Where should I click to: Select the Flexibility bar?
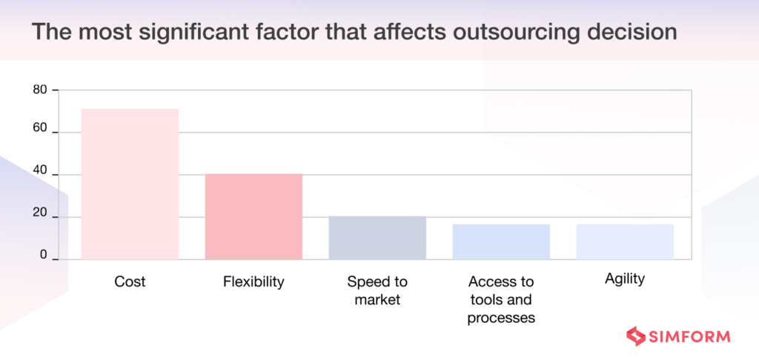point(253,216)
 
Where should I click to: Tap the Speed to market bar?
point(377,238)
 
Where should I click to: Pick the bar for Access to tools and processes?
point(501,241)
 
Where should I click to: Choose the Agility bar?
point(625,241)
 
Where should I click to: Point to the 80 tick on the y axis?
point(39,90)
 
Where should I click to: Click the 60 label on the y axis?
point(39,129)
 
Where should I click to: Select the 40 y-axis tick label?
point(39,171)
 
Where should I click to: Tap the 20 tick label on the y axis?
point(39,214)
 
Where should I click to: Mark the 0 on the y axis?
point(43,255)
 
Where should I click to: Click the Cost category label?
point(130,282)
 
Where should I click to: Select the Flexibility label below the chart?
point(253,282)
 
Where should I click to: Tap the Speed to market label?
point(377,290)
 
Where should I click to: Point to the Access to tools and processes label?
point(501,300)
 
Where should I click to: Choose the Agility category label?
point(625,279)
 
